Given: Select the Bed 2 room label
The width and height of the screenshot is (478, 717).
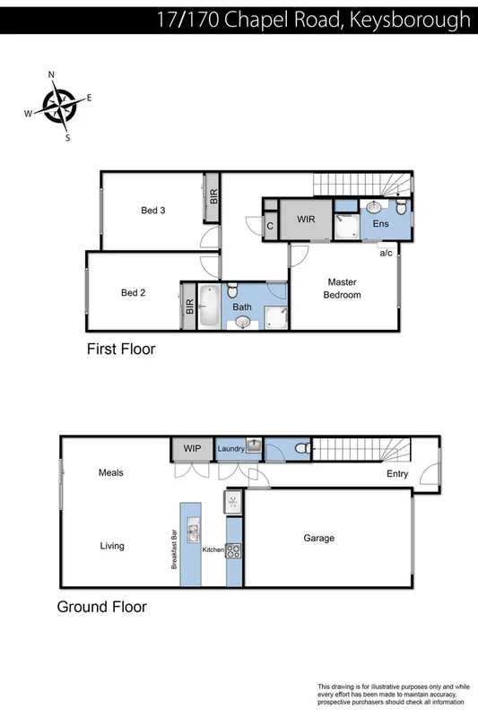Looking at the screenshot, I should (135, 292).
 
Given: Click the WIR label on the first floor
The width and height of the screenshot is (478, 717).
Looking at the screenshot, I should (306, 219).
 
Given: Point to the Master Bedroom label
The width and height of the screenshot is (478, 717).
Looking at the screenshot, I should (342, 288).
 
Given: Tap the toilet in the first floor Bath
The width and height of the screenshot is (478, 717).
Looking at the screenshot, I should (232, 291).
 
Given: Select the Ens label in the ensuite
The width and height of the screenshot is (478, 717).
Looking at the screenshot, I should (381, 223).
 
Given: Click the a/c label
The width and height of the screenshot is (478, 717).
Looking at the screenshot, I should (387, 253).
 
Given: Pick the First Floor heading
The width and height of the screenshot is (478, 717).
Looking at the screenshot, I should (121, 349).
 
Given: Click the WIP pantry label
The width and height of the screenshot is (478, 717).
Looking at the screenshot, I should (192, 447).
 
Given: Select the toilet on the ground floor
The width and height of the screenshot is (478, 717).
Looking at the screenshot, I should (302, 448).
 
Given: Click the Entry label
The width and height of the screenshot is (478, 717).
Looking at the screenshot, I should (397, 473).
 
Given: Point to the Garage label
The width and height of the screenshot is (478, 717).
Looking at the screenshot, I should (318, 538).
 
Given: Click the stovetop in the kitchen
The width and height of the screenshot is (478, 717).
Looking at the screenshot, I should (233, 549).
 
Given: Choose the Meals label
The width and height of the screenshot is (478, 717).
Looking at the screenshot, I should (111, 472).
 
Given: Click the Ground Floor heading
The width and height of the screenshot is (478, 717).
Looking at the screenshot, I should (101, 607).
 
